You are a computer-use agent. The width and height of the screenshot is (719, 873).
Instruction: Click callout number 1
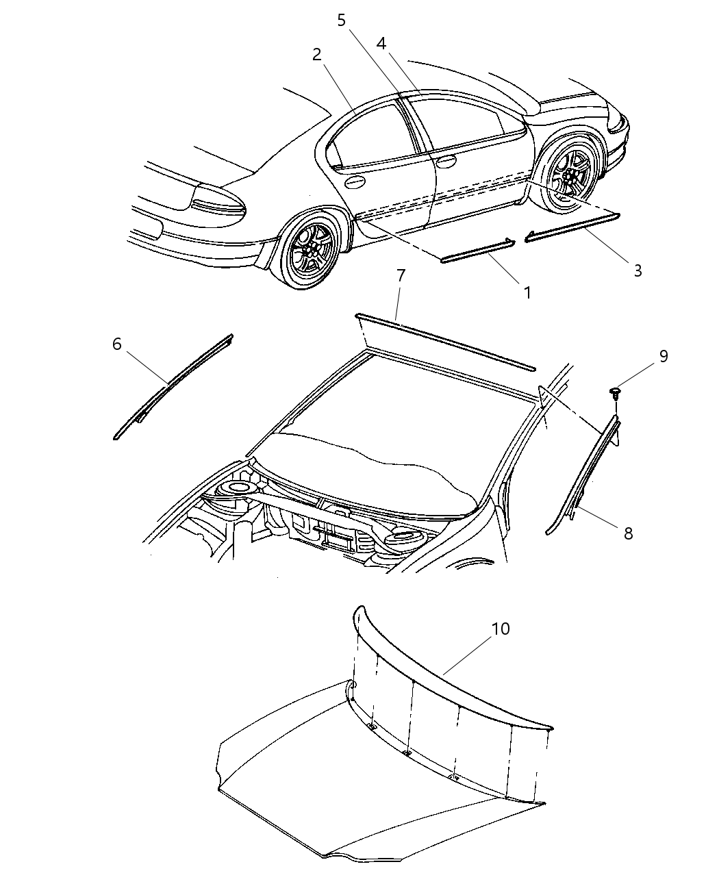527,292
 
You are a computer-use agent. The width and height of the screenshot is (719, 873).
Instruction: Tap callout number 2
316,55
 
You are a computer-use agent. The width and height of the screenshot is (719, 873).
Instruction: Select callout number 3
637,270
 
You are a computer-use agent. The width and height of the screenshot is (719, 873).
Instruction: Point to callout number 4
381,44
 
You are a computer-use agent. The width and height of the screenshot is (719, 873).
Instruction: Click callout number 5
342,20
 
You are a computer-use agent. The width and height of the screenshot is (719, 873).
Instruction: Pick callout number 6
117,344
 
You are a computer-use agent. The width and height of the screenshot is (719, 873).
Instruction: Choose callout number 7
401,275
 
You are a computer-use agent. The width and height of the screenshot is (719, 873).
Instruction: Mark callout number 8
628,533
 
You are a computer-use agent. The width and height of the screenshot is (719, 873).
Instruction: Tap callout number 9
663,356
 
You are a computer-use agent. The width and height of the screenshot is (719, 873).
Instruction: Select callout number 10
501,629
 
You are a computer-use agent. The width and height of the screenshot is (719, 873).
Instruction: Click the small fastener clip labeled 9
616,393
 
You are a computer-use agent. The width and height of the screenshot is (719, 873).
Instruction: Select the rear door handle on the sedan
355,182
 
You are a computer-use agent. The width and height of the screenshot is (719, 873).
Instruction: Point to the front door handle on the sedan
446,162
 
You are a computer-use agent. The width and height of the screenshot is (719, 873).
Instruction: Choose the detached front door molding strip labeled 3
572,227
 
